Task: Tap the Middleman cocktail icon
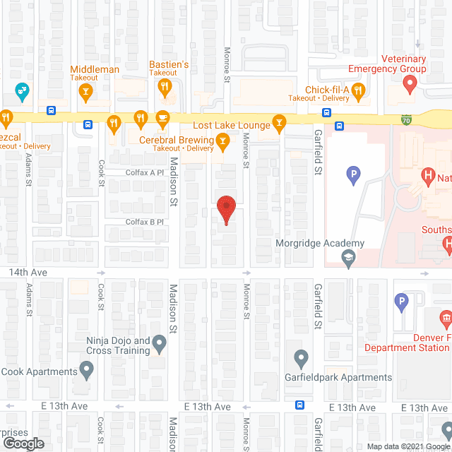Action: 85,90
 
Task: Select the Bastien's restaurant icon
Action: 165,87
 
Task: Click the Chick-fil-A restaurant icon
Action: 358,90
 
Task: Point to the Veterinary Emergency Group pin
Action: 409,85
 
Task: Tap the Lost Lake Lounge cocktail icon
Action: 280,124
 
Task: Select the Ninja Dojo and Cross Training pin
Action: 160,345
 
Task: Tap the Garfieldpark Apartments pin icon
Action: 301,359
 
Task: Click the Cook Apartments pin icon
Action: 87,369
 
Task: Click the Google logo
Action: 23,443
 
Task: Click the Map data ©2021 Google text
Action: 408,446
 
